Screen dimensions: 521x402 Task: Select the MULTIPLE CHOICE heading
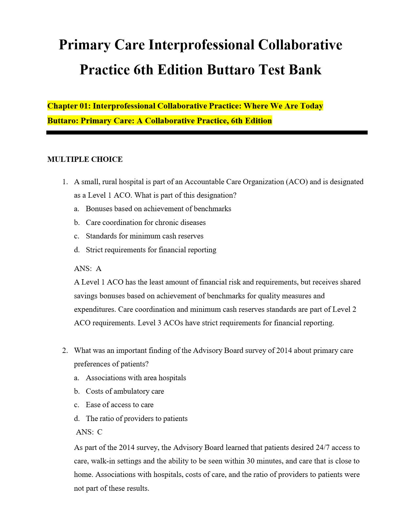tap(85, 160)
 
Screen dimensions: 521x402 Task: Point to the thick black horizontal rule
tap(207, 133)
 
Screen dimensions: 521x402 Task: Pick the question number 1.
tap(65, 182)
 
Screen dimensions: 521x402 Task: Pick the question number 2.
tap(65, 351)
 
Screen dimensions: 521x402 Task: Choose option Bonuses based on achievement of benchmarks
tap(158, 209)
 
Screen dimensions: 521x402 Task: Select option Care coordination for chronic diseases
tap(145, 223)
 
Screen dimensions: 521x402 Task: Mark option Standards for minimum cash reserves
tap(145, 236)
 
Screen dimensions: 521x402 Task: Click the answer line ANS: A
tap(88, 269)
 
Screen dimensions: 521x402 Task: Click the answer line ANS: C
tap(89, 432)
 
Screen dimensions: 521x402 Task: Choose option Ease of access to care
tap(120, 405)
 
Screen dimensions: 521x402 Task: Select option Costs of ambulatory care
tap(125, 391)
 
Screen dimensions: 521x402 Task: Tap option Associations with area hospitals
tap(136, 378)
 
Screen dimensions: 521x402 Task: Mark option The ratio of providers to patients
tap(137, 419)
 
